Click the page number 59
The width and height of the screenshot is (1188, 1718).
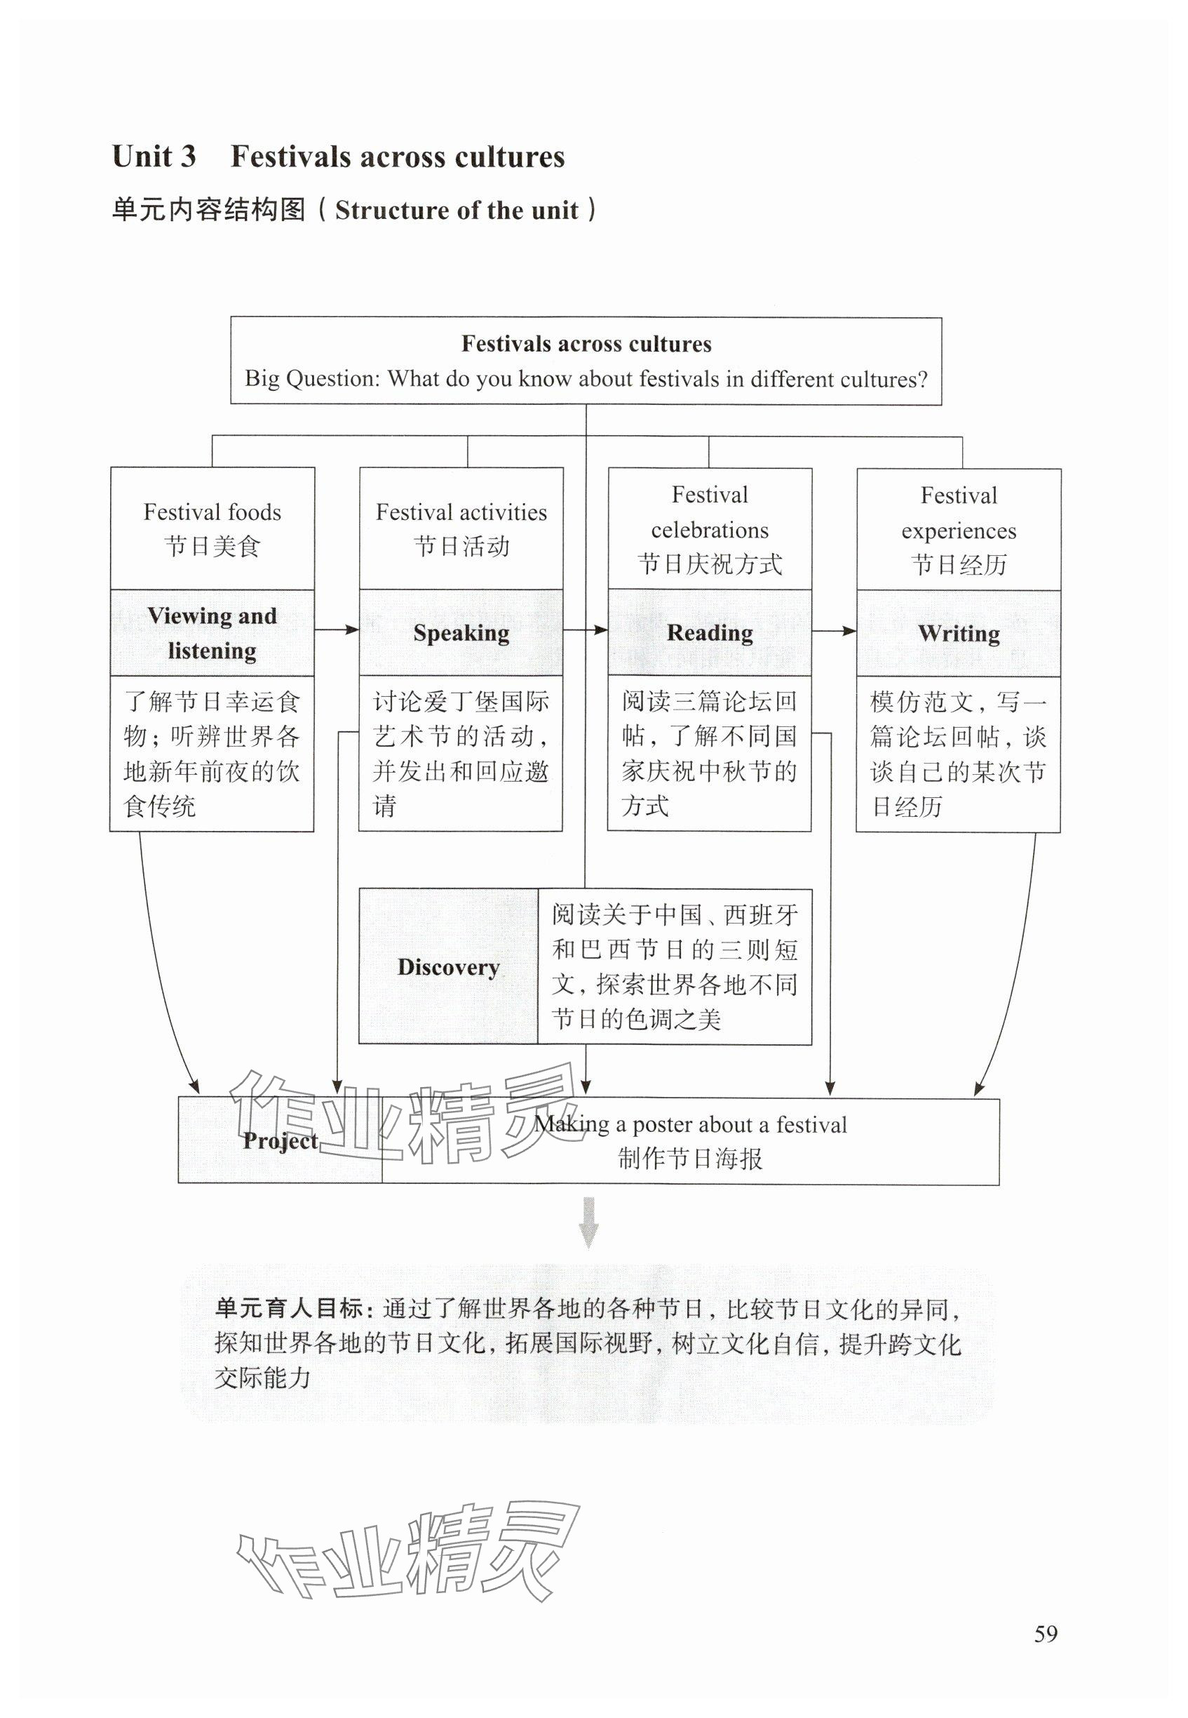[1045, 1633]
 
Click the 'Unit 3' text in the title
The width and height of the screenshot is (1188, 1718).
[154, 157]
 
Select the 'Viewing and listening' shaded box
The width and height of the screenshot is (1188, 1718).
[212, 633]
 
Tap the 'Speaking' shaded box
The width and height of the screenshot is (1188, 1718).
[461, 633]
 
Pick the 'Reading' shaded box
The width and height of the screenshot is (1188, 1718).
[710, 633]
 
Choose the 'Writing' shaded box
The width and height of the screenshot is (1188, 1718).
[959, 634]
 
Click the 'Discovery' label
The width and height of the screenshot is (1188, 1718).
[448, 966]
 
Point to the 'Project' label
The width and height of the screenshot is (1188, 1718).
[280, 1140]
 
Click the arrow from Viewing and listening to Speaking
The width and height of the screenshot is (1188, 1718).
[337, 630]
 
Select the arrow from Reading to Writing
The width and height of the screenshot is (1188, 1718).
[834, 631]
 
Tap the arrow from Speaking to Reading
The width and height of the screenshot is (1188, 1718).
[585, 630]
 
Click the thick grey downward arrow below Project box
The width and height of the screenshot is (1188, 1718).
[588, 1222]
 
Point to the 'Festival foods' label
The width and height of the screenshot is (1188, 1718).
[212, 512]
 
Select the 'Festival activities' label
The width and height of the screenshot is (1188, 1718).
[461, 512]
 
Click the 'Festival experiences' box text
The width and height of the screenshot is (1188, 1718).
[959, 513]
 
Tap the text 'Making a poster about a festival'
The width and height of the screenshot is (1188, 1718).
[690, 1124]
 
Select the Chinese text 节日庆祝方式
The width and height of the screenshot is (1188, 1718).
[710, 564]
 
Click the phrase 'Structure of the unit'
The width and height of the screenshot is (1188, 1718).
[457, 211]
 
